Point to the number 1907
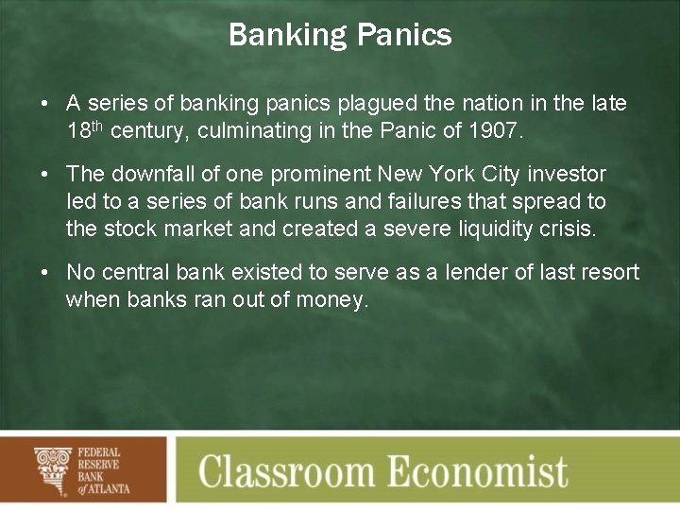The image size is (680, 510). (x=493, y=131)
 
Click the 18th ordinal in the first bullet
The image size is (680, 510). (x=85, y=130)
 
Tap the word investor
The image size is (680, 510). (x=567, y=174)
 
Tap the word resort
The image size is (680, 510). (x=609, y=273)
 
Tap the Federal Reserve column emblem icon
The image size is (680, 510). (x=53, y=469)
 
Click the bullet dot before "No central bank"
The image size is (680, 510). (x=45, y=273)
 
